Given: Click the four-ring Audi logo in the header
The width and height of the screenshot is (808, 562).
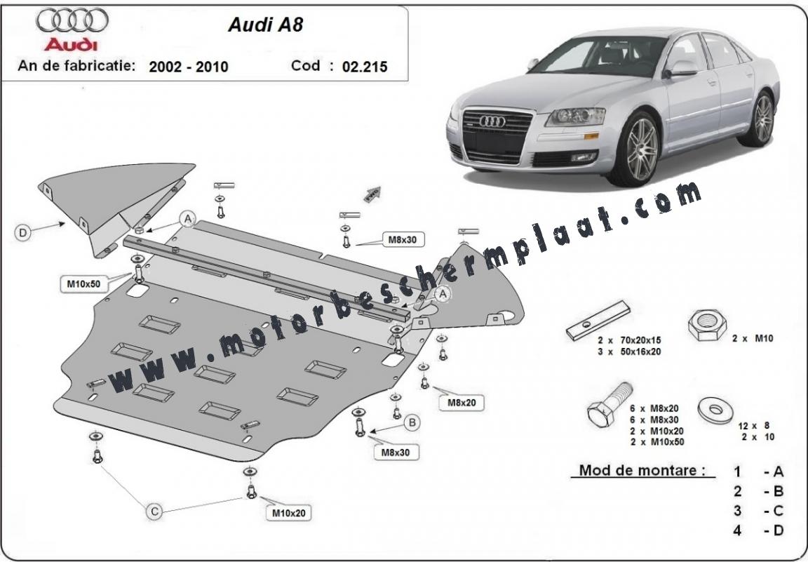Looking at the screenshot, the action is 72,20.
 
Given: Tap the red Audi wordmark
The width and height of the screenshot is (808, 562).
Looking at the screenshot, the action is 71,44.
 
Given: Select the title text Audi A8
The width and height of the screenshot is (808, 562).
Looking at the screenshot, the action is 266,25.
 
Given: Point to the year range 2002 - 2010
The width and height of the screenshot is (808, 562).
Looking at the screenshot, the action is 188,67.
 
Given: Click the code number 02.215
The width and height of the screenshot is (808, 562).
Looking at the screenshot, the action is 365,67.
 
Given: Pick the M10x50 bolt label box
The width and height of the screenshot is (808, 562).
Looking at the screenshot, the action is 83,283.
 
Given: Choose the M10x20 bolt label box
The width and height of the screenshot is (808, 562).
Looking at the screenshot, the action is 288,513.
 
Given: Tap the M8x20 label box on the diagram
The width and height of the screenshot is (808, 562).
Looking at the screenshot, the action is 462,403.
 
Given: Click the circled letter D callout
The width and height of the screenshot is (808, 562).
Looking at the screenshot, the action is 22,233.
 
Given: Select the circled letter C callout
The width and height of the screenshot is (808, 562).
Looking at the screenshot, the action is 154,511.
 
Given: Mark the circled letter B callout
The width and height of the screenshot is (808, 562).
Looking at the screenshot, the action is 412,423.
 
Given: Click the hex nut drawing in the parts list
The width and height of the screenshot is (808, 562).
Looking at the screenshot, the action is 708,325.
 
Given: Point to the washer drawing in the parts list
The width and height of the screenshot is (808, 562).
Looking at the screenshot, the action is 715,410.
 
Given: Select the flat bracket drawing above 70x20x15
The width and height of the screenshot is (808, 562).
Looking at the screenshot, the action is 598,321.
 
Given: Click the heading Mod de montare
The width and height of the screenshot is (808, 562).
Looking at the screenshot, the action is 642,470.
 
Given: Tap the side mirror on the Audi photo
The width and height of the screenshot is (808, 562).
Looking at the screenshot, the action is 681,69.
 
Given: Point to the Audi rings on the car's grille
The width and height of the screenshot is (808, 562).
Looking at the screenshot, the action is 492,121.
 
